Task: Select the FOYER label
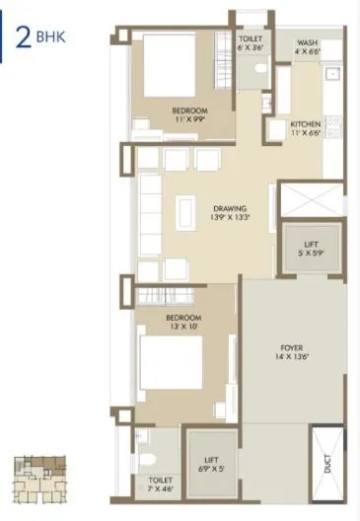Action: [291, 346]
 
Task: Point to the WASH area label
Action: [306, 42]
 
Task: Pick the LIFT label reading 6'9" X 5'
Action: [211, 462]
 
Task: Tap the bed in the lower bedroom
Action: [174, 363]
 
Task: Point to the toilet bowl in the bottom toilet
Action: [147, 456]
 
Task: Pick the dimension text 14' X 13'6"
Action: [291, 358]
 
